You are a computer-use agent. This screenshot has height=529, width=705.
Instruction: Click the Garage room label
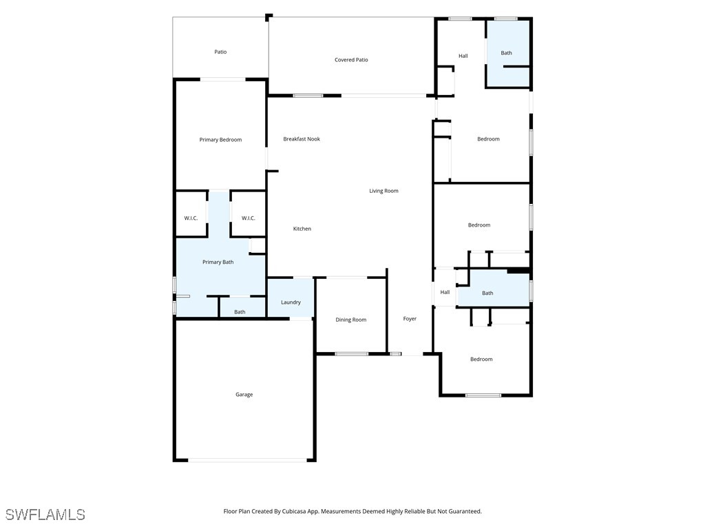244,395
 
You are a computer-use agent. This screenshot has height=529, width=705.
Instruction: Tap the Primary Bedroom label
220,140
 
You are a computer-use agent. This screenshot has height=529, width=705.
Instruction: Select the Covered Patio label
351,60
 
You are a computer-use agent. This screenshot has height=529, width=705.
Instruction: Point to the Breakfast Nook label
302,139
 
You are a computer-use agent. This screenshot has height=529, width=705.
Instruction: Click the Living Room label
383,191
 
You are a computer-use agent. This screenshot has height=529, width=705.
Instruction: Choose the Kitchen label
302,229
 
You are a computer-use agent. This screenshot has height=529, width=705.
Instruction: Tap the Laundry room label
291,302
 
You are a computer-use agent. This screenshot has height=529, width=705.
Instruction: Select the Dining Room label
350,320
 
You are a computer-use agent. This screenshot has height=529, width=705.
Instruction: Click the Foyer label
410,319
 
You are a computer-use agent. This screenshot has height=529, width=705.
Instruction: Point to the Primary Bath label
218,262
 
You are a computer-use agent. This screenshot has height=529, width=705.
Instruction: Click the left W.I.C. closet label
191,218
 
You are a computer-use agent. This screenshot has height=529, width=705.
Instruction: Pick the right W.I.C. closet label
249,218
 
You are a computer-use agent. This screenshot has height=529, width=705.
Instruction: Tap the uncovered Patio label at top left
220,52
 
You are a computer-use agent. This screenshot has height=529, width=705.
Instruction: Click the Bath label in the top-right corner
506,53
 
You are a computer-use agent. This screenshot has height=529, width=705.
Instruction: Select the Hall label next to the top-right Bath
463,56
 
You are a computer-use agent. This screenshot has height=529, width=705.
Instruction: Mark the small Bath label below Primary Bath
240,312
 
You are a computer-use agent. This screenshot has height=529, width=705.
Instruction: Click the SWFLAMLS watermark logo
45,515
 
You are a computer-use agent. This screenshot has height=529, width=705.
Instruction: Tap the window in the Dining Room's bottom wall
352,354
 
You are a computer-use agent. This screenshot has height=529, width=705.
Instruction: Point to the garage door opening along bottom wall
244,460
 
